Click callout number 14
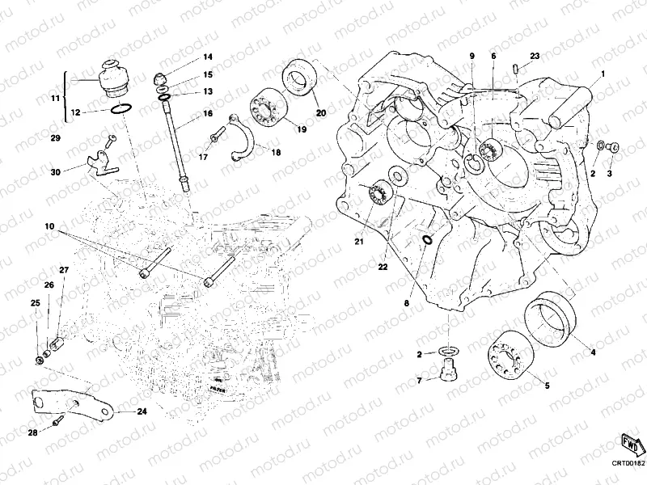207,57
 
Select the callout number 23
534,56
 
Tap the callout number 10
49,229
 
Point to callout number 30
55,172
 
